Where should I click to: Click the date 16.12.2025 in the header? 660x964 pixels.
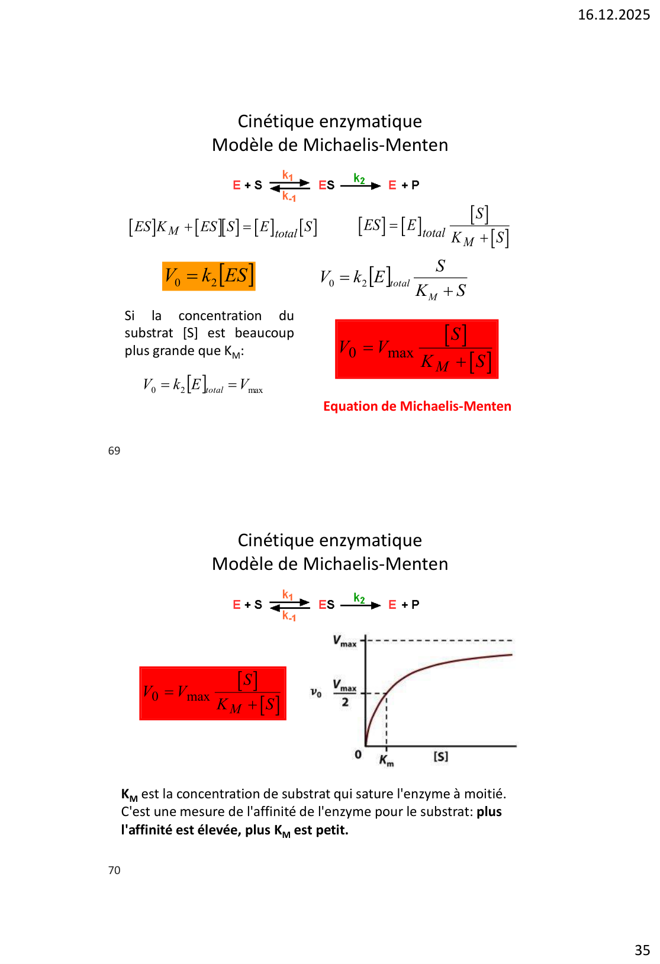point(613,15)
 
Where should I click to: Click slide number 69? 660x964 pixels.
point(114,451)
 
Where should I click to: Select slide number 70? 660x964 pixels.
point(114,870)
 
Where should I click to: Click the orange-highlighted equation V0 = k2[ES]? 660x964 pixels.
point(208,276)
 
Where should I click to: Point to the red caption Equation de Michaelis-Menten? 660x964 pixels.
point(417,407)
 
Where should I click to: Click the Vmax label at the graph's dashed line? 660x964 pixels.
point(345,641)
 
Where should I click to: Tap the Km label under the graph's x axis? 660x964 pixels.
point(386,760)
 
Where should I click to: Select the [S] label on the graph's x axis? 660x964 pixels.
point(441,756)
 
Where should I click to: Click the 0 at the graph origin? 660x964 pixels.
point(358,755)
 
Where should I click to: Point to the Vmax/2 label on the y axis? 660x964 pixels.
point(345,693)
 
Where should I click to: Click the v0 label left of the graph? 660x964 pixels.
point(316,692)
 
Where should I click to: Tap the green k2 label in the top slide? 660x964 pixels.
point(359,178)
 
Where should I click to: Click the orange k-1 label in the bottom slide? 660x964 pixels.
point(289,616)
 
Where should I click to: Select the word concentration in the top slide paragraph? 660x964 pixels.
point(220,316)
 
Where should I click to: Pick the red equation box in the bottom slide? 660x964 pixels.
point(213,694)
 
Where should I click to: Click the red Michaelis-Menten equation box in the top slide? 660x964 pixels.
point(417,349)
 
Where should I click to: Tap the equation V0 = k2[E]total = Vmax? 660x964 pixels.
point(202,385)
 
